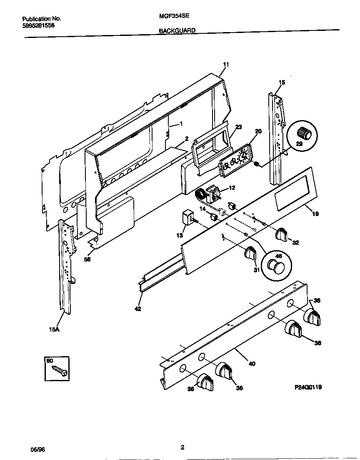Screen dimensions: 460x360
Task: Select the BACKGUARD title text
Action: click(x=177, y=31)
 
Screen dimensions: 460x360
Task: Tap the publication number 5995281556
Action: click(x=38, y=25)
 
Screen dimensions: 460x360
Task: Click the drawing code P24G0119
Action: click(x=308, y=387)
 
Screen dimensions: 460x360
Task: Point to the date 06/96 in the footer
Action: click(x=37, y=450)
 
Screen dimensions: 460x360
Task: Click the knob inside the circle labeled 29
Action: click(x=304, y=133)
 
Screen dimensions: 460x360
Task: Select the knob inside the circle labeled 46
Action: click(x=275, y=265)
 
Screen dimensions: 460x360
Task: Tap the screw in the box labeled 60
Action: click(x=60, y=370)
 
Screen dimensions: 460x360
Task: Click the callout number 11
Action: click(x=226, y=65)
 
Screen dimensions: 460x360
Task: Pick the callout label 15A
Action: click(x=54, y=329)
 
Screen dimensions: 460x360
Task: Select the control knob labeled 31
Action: click(x=251, y=253)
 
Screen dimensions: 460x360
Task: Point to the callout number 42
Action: click(x=138, y=309)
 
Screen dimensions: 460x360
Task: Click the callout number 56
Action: click(x=87, y=259)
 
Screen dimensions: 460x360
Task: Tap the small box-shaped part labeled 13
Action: click(x=188, y=218)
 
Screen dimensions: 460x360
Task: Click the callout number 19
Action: click(x=315, y=214)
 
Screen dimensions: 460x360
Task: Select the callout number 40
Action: click(x=252, y=363)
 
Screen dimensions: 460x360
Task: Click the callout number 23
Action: click(x=238, y=128)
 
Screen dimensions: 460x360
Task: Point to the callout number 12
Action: click(x=232, y=188)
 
